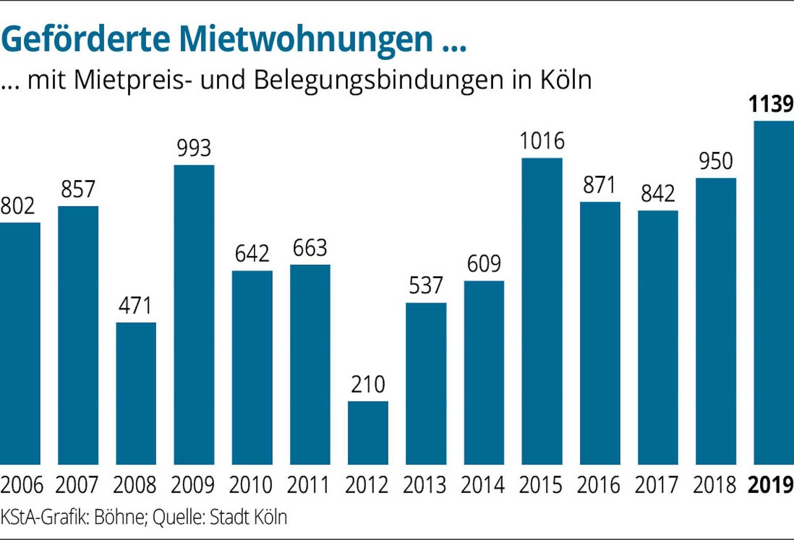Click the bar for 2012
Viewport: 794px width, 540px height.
pyautogui.click(x=368, y=433)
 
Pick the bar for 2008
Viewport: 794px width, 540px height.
pyautogui.click(x=136, y=393)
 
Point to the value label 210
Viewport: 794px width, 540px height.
pyautogui.click(x=368, y=384)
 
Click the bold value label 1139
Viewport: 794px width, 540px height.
pyautogui.click(x=771, y=104)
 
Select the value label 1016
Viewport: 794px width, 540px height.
pyautogui.click(x=542, y=141)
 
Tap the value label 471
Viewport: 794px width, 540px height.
pyautogui.click(x=135, y=306)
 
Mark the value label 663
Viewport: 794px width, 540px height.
pyautogui.click(x=310, y=248)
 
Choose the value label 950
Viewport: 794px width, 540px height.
pyautogui.click(x=716, y=161)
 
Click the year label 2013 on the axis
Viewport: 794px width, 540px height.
pyautogui.click(x=425, y=485)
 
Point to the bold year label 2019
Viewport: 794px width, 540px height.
pyautogui.click(x=771, y=485)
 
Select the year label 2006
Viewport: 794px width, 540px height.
pyautogui.click(x=22, y=485)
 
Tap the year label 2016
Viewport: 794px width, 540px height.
pyautogui.click(x=599, y=485)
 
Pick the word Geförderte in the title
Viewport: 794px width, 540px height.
pyautogui.click(x=85, y=39)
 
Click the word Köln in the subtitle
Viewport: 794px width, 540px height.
pyautogui.click(x=566, y=80)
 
